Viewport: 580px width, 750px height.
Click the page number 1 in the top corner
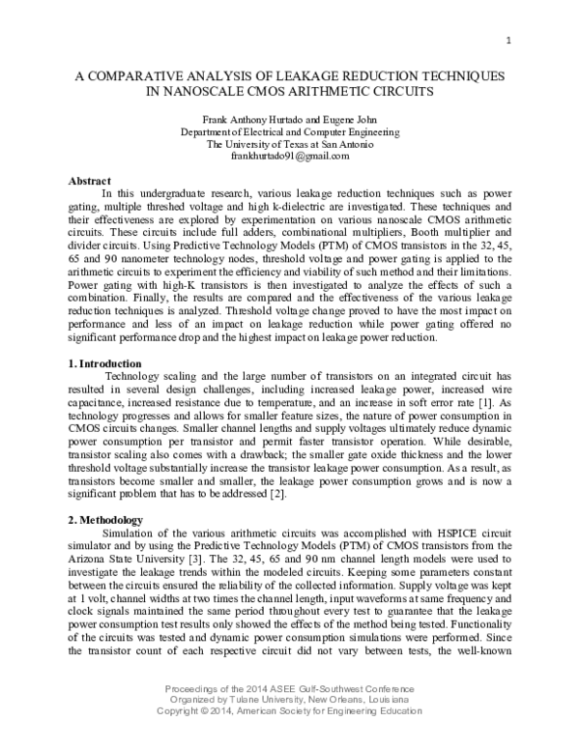pos(507,41)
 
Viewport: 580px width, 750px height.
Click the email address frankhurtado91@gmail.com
pos(291,156)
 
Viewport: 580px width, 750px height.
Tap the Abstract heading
pos(93,181)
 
